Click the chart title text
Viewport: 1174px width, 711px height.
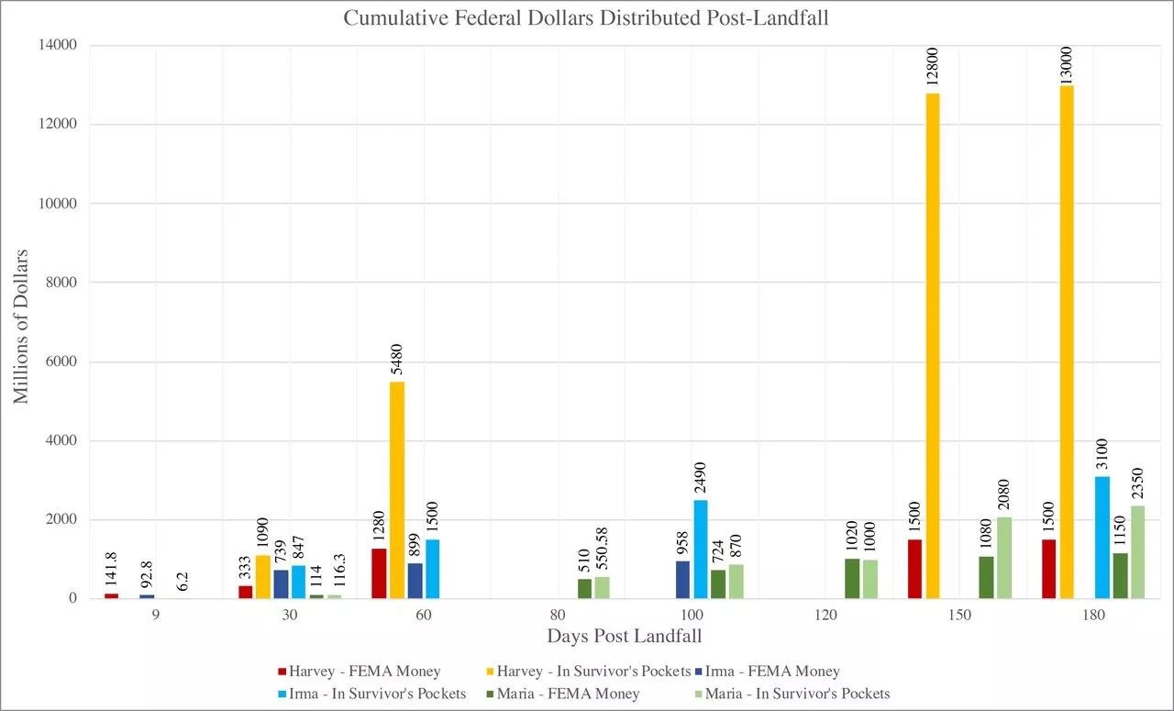coord(586,18)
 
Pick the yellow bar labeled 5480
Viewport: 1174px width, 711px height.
coord(397,490)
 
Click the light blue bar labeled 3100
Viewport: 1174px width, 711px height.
coord(1102,538)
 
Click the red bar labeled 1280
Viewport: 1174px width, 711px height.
coord(379,573)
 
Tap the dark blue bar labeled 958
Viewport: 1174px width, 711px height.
coord(682,580)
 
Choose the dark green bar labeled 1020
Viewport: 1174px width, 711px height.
coord(852,579)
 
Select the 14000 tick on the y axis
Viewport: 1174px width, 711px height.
coord(58,45)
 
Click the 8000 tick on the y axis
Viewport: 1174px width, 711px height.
coord(61,283)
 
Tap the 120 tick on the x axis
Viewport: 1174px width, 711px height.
coord(825,616)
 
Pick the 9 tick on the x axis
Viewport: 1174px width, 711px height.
coord(156,616)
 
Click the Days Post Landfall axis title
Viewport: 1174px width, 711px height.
coord(625,636)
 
